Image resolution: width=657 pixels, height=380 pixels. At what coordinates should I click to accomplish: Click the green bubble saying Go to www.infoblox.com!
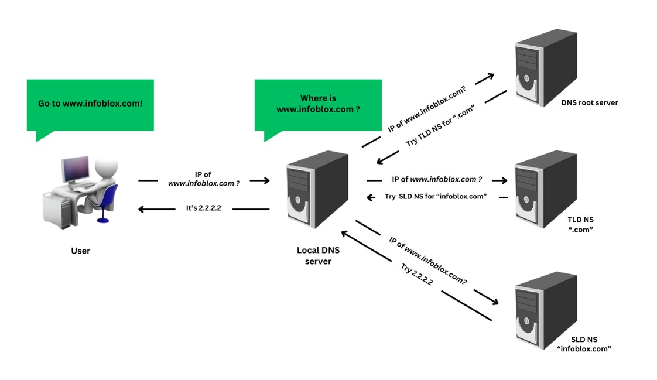click(x=90, y=104)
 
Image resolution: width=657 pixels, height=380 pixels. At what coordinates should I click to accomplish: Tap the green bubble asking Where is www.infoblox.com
click(x=317, y=104)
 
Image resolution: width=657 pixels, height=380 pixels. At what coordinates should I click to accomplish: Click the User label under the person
click(x=80, y=251)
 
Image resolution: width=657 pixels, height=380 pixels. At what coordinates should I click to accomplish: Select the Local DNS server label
click(x=318, y=255)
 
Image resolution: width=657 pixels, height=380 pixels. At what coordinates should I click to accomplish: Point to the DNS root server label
click(x=588, y=103)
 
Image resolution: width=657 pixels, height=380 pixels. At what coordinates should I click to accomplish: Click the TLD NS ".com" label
click(x=580, y=225)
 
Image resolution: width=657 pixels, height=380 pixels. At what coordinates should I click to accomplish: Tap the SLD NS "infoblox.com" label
click(x=584, y=344)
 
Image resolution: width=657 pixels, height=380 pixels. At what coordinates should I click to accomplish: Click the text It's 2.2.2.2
click(x=203, y=208)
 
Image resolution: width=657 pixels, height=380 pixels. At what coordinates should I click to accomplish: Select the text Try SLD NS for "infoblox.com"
click(x=436, y=197)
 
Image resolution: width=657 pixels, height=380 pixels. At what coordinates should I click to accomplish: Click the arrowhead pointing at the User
click(x=141, y=208)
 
